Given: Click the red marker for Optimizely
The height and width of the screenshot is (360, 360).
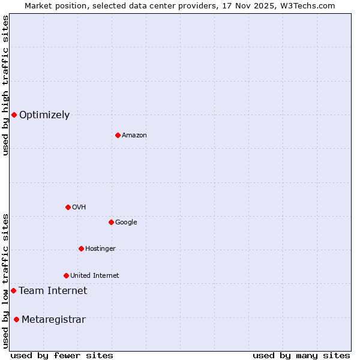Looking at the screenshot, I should tap(14, 115).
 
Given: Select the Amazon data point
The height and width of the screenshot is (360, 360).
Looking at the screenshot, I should tap(118, 135).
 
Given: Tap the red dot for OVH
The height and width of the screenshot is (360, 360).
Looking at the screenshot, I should tap(68, 207).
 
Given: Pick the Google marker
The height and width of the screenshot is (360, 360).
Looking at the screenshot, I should tap(111, 222).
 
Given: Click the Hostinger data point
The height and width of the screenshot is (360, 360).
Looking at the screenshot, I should tap(81, 248).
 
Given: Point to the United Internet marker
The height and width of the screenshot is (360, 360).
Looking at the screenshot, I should tap(66, 275).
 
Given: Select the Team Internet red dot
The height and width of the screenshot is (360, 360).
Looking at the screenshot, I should tap(13, 290).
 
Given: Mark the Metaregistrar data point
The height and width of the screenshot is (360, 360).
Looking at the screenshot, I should tap(16, 319).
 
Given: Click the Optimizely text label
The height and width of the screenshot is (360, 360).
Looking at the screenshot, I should tap(44, 115).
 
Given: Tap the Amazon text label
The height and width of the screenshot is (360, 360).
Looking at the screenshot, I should tap(134, 136).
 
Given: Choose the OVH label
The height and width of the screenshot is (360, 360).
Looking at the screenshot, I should tap(79, 208).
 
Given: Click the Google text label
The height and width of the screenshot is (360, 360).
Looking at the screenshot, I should tap(126, 223).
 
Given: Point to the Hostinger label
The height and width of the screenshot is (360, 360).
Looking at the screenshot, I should tap(100, 249).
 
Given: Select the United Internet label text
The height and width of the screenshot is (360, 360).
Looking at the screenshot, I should tap(95, 276).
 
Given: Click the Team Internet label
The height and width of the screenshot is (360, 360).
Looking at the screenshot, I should tap(53, 291).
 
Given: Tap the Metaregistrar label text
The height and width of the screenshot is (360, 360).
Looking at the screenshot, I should tap(53, 320).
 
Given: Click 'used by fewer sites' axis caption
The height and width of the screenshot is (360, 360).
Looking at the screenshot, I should tap(62, 355).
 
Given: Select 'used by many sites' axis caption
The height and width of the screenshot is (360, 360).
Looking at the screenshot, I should tap(301, 355).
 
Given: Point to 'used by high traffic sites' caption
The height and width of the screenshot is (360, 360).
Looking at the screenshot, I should tap(5, 85).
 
